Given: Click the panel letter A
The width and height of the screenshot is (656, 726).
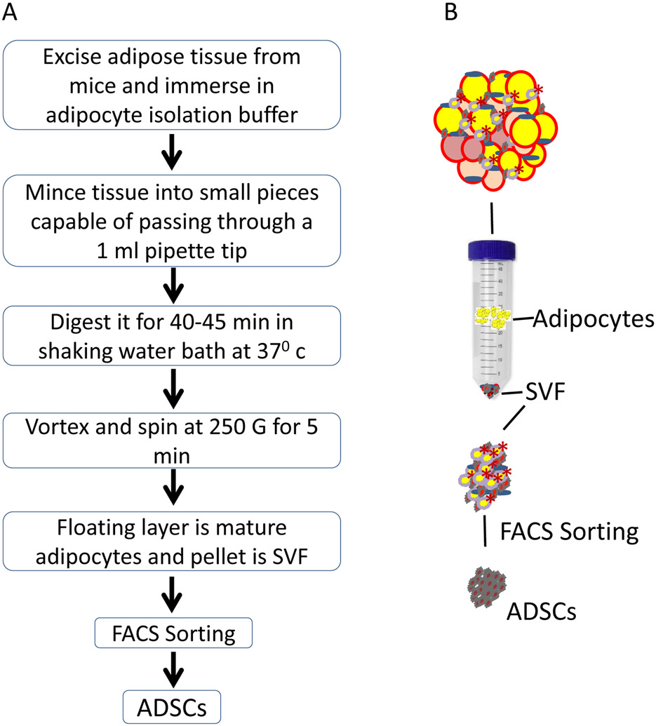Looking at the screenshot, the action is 10,12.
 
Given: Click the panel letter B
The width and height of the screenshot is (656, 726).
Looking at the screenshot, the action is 451,12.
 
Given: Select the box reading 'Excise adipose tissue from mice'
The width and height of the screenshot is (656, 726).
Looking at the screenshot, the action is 172,85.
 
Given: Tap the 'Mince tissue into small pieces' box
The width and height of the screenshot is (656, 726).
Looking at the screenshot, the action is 172,220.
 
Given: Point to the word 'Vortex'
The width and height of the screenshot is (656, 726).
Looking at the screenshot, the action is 58,427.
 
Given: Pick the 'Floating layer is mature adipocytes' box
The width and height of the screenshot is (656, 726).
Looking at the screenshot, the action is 172,541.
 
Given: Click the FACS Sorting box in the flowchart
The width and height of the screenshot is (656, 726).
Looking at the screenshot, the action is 173,633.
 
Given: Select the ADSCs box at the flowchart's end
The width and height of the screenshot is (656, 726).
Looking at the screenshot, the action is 172,707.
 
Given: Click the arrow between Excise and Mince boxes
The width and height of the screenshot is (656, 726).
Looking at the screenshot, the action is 172,152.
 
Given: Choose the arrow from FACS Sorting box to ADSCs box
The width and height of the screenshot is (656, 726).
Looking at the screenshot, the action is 173,669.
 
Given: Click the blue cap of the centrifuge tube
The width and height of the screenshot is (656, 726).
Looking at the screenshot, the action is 491,250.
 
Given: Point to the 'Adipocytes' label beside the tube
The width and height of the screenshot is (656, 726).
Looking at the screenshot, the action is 594,319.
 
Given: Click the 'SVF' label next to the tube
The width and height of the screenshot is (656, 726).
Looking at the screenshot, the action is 545,392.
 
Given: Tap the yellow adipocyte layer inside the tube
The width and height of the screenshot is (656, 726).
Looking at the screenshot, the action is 493,317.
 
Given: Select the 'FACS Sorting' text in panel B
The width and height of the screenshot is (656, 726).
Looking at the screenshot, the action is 570,532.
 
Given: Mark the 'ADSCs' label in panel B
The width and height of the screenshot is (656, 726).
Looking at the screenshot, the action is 541,612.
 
